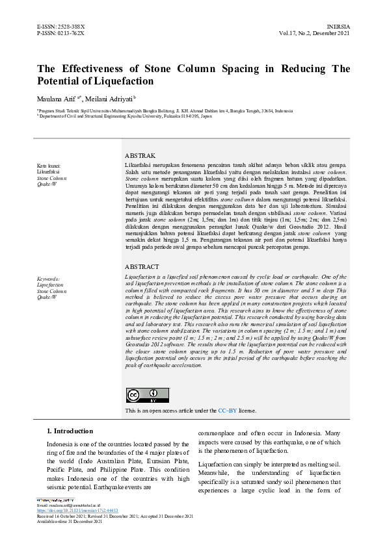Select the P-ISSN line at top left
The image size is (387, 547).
pyautogui.click(x=60, y=32)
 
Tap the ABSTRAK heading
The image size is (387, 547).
pyautogui.click(x=140, y=156)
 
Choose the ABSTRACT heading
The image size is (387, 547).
pyautogui.click(x=141, y=267)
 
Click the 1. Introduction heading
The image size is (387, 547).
pyautogui.click(x=70, y=431)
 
